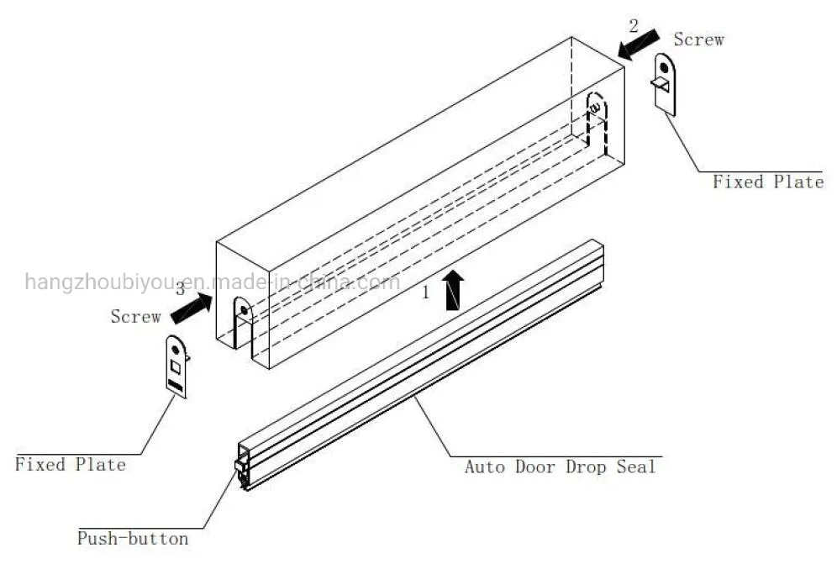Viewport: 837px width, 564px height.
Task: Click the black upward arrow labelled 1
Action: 453,291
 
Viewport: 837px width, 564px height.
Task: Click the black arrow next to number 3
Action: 191,307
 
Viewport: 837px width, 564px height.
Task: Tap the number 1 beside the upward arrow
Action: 426,293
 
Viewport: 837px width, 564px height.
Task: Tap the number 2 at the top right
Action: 634,25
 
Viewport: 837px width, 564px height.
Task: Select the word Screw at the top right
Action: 698,40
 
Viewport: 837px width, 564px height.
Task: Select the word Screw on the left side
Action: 135,317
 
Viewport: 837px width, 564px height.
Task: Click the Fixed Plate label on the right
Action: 768,182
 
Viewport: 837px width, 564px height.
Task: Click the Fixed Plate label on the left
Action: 71,464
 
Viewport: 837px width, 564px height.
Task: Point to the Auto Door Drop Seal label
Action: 560,466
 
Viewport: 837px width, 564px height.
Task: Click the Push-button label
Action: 133,538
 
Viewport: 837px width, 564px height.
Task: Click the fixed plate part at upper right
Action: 665,84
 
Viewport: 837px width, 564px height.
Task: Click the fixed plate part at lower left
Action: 176,366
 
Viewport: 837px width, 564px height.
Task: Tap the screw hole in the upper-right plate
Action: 664,66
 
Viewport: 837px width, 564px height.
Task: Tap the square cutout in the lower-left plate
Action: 175,367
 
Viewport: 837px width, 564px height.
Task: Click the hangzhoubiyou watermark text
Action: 210,282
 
